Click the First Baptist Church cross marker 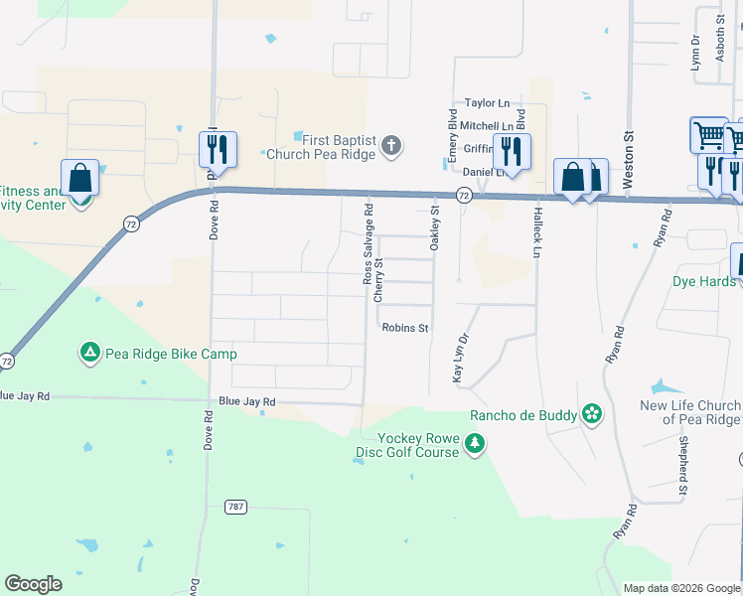coord(391,147)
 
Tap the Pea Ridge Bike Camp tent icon coord(89,353)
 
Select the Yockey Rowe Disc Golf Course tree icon coord(475,443)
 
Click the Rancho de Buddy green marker coord(592,414)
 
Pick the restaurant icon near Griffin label coord(512,152)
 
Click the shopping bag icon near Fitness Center coord(80,179)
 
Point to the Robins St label coord(404,328)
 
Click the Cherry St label coord(378,281)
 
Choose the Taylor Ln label coord(487,102)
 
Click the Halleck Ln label coord(536,238)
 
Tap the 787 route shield coord(234,507)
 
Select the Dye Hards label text coord(704,281)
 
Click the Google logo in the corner coord(33,584)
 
